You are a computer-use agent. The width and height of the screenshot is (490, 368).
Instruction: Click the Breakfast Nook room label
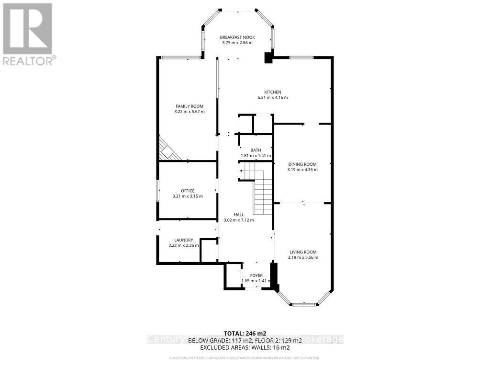[x=237, y=37]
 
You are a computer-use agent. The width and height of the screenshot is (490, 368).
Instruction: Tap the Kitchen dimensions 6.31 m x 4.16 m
[x=272, y=98]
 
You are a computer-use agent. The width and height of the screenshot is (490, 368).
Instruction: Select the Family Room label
[x=189, y=106]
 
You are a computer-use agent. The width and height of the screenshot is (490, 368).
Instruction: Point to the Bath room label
[x=255, y=150]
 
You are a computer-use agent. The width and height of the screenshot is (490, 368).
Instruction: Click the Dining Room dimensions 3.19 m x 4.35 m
[x=302, y=170]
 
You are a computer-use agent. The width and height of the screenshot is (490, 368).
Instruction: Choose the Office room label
[x=188, y=191]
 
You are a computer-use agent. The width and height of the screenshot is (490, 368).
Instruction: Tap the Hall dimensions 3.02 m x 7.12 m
[x=239, y=220]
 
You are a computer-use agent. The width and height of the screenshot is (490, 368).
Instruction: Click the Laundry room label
[x=184, y=240]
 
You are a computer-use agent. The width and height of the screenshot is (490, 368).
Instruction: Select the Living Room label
[x=303, y=252]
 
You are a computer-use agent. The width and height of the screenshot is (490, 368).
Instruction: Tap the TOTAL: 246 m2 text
[x=245, y=333]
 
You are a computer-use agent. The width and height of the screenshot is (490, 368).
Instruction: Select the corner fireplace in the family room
[x=167, y=149]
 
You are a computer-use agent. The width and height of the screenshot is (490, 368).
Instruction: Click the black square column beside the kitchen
[x=269, y=58]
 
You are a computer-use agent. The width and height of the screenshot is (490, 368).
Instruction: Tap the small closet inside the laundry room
[x=209, y=251]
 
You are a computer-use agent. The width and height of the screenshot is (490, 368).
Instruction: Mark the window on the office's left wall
[x=158, y=190]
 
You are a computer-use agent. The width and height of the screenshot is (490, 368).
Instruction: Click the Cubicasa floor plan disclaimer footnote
[x=245, y=358]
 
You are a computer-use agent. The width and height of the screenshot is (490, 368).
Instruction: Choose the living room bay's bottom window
[x=303, y=304]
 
